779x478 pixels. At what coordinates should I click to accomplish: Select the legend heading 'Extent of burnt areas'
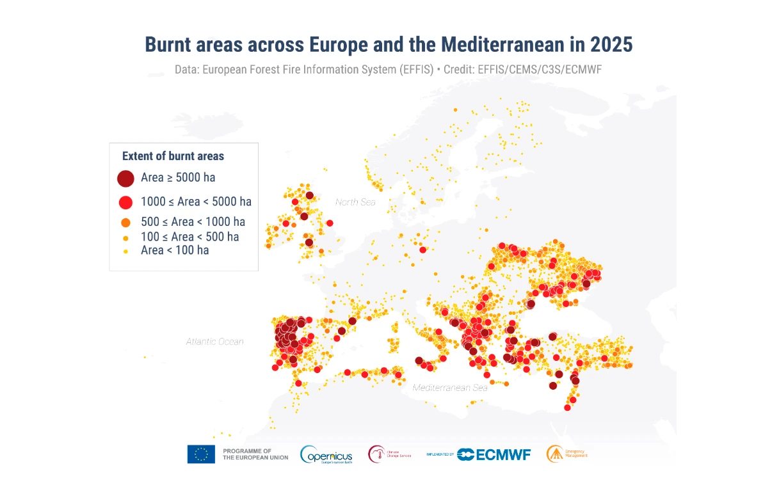(173, 156)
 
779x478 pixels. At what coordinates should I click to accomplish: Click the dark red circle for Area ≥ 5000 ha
(125, 178)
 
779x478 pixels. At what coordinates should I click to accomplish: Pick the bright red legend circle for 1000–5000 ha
(125, 202)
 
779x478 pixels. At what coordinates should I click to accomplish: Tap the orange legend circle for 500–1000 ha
(125, 223)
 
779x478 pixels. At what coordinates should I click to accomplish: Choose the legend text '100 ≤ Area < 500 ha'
(190, 237)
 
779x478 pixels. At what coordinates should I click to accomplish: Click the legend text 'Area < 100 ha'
(175, 250)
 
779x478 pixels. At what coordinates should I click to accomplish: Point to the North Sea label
(355, 202)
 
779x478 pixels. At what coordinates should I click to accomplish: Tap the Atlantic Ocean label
(215, 342)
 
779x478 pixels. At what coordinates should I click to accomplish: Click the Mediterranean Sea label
(450, 388)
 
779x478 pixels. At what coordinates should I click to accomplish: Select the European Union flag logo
(201, 454)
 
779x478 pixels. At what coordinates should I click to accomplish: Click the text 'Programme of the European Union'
(255, 454)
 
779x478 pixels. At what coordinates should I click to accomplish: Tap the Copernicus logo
(326, 454)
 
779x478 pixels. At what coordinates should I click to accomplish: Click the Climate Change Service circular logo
(377, 454)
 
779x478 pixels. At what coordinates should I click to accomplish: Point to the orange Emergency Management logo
(554, 454)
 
